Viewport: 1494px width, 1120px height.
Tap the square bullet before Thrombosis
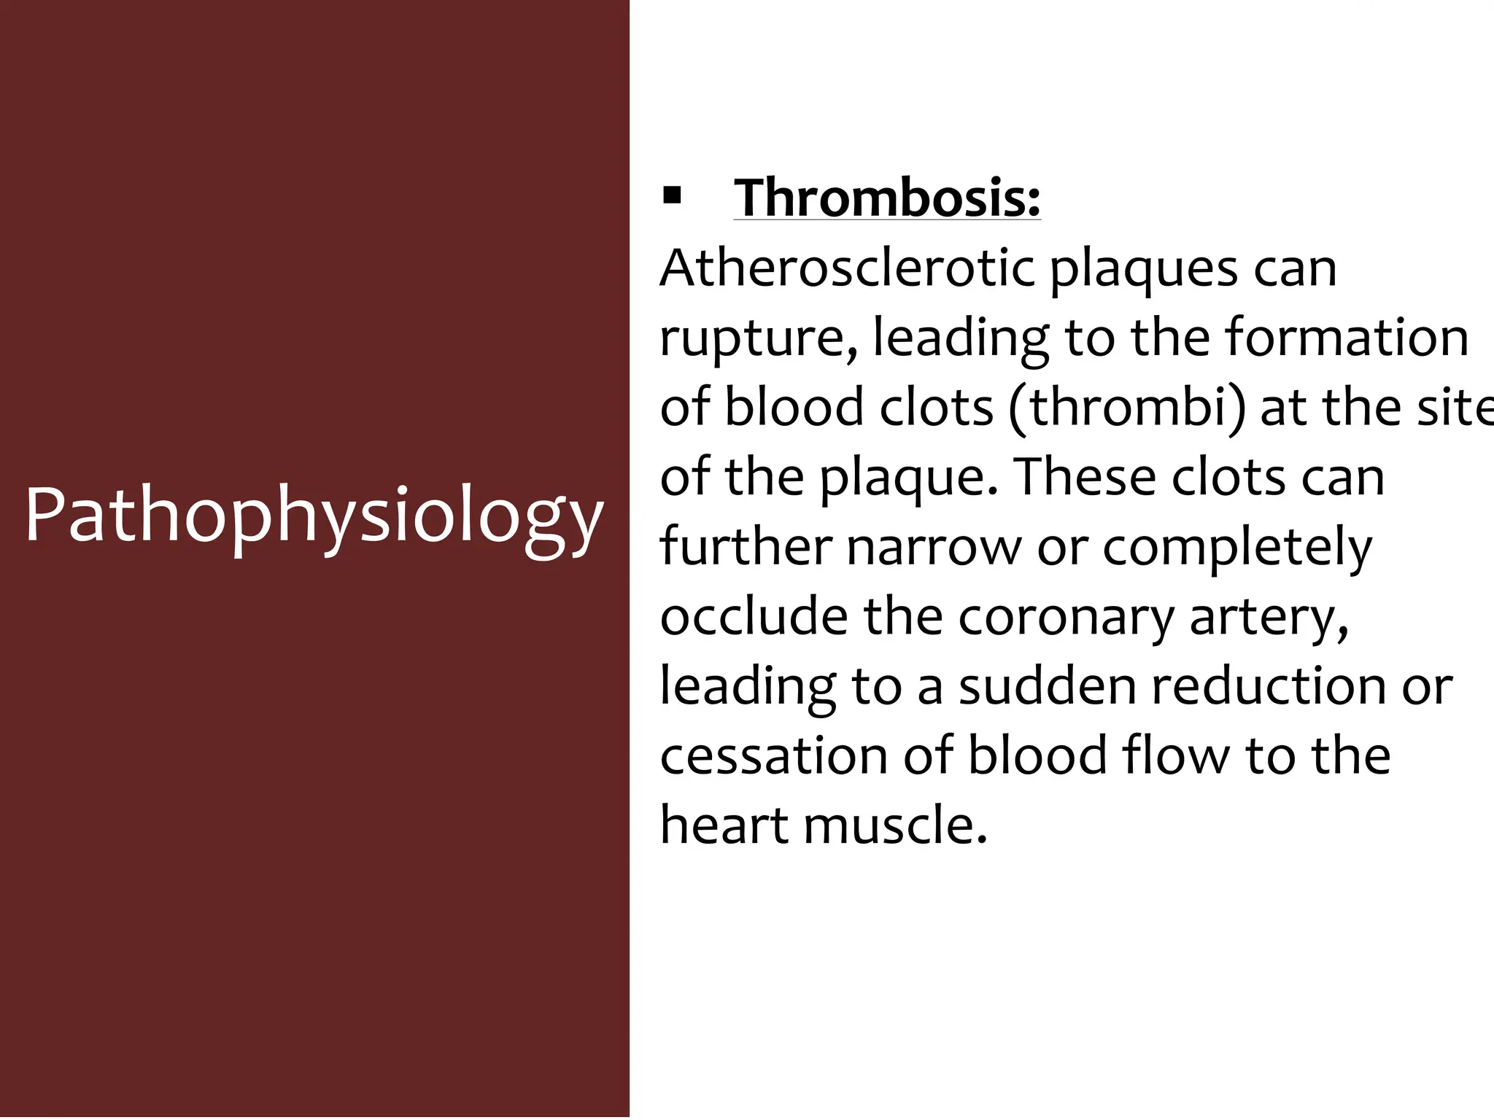671,196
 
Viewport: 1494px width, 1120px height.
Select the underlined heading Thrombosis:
887,198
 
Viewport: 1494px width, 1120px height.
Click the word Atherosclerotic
847,268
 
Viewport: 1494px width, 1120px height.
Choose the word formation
1346,338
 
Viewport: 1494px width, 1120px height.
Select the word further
745,546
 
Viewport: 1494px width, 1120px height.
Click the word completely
1237,548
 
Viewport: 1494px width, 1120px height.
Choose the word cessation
774,755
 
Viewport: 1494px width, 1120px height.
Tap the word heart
724,825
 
